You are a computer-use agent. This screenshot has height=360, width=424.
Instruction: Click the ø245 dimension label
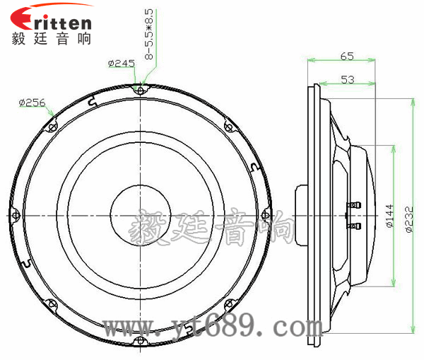(x=121, y=64)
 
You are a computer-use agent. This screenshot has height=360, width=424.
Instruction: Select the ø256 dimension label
(x=32, y=103)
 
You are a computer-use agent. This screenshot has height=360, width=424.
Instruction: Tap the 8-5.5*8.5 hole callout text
(x=149, y=34)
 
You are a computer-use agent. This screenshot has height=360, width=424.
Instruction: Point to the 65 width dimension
(x=347, y=56)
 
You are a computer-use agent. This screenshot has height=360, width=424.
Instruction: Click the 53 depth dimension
(x=348, y=79)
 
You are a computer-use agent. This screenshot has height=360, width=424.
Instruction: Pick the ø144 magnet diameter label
(x=390, y=216)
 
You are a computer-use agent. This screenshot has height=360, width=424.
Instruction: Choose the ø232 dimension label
(x=409, y=219)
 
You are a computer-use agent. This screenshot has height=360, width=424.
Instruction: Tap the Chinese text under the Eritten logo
(x=51, y=38)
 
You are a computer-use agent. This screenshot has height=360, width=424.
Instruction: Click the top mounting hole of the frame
(x=140, y=91)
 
